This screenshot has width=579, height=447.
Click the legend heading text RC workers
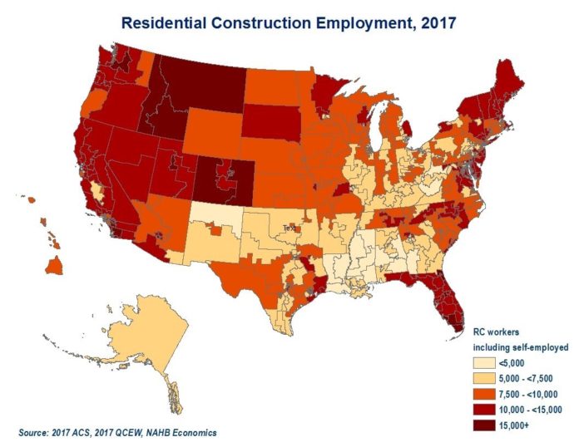pos(497,332)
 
